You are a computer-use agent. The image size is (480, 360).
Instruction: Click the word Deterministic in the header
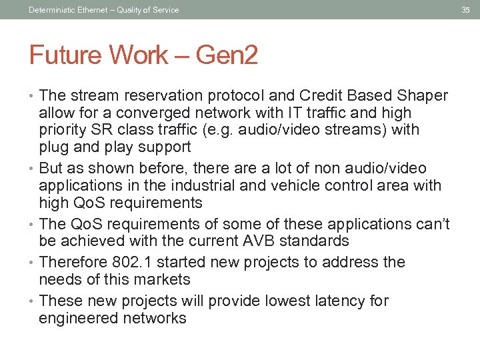point(52,9)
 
